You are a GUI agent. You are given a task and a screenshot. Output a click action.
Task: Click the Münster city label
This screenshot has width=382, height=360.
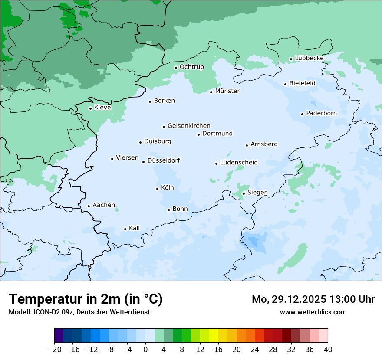click(x=227, y=91)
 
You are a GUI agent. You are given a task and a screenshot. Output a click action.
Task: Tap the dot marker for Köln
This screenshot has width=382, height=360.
click(x=157, y=189)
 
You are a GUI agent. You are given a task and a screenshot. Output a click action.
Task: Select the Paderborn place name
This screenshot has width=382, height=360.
click(x=321, y=114)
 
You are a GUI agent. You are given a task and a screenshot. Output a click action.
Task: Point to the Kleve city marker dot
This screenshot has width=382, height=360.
click(x=90, y=108)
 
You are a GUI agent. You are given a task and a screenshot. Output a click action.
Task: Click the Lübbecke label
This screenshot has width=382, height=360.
click(x=309, y=58)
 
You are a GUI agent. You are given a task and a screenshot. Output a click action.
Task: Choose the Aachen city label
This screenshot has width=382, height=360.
click(x=104, y=205)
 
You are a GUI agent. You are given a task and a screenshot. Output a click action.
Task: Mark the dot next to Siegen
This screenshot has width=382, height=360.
click(x=244, y=193)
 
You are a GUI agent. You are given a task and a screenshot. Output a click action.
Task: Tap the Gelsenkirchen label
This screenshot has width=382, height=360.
click(x=189, y=126)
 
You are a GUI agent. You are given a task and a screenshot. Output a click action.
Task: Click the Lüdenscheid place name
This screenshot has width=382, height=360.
click(x=239, y=163)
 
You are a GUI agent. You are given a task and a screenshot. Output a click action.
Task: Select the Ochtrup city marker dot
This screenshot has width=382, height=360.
click(x=176, y=68)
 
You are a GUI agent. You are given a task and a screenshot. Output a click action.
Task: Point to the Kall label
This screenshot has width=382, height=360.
click(x=134, y=228)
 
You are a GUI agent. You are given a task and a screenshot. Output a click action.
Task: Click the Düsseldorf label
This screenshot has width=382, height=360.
click(x=164, y=161)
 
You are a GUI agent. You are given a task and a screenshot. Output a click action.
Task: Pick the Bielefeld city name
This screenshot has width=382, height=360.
click(x=302, y=83)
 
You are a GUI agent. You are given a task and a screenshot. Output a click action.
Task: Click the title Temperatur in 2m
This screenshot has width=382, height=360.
click(x=86, y=299)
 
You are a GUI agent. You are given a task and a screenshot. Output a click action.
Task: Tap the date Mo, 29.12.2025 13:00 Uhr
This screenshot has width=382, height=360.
click(x=313, y=299)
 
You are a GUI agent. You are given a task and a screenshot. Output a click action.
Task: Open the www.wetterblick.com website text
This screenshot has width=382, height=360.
click(x=313, y=312)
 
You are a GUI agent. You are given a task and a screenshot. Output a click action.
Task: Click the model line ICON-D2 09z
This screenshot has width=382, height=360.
click(x=79, y=312)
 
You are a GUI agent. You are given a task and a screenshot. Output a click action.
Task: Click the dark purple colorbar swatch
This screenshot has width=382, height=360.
click(x=59, y=335)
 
